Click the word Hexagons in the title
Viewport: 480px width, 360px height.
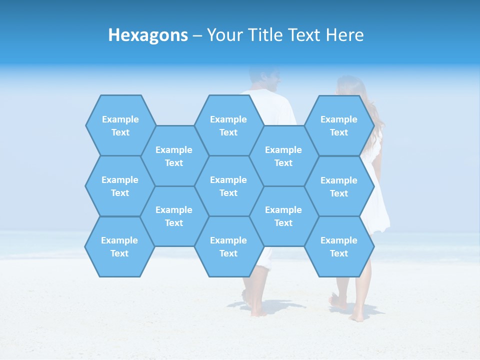pos(148,35)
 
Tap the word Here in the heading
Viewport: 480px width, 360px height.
pos(344,35)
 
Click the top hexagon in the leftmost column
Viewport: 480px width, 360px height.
pos(120,125)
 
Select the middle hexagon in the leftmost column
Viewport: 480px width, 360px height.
pos(120,186)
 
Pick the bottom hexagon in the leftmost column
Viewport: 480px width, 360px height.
pos(119,246)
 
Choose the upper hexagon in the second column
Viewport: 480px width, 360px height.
pos(174,156)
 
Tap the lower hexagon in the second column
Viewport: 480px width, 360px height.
pos(174,216)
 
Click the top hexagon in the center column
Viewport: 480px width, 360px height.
pos(228,125)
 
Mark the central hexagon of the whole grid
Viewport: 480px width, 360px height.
pos(228,186)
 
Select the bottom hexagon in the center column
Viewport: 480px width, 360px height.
pos(228,246)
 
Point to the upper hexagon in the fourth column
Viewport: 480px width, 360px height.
pos(283,156)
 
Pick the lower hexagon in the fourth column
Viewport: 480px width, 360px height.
pos(283,216)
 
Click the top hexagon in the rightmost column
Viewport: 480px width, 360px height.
pos(339,125)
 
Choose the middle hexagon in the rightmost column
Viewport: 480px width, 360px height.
pos(339,186)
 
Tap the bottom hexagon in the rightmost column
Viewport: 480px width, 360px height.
pos(339,246)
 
